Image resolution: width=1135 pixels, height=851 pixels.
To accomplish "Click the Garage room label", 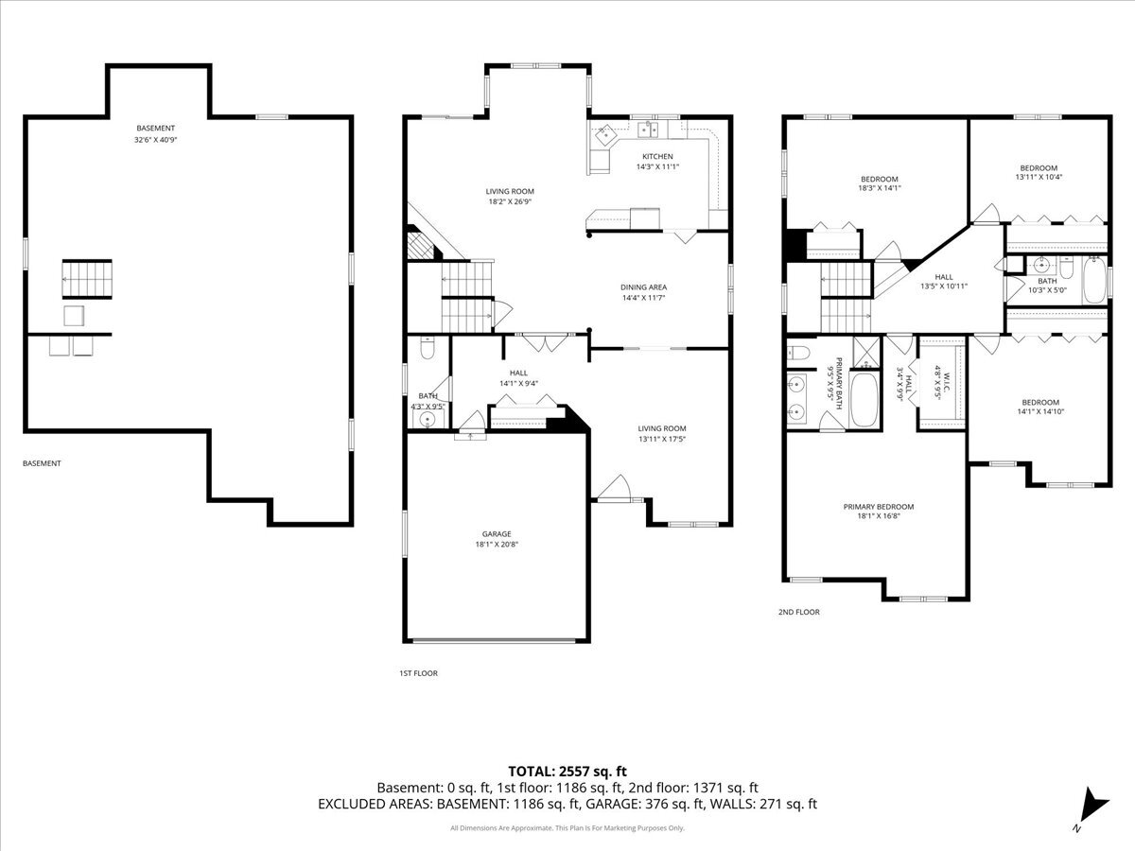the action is (497, 533).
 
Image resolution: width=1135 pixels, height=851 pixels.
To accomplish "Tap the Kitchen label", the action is (657, 156).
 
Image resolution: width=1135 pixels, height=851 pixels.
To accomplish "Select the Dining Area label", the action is (644, 287).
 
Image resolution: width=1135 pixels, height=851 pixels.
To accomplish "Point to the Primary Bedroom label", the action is (879, 507).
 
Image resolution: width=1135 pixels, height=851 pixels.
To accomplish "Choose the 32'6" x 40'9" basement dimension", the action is (156, 140).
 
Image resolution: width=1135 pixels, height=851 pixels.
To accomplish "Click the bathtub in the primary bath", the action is (864, 399).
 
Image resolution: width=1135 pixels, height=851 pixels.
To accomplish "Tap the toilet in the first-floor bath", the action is (428, 348).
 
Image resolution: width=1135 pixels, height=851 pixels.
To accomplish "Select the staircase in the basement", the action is (87, 279).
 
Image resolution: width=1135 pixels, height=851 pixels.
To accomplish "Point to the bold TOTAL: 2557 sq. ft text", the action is (567, 772).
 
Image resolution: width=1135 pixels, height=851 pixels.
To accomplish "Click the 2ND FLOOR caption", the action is (799, 612).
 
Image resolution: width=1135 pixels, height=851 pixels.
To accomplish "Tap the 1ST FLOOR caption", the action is (418, 673).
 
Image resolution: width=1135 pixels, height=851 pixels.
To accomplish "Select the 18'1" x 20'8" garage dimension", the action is (497, 544).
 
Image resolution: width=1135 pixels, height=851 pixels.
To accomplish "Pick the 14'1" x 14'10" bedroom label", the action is (1040, 408).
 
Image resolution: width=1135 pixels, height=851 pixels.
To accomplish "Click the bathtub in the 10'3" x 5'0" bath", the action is (1094, 280).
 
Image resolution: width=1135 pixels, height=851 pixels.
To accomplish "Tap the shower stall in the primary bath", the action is (866, 353).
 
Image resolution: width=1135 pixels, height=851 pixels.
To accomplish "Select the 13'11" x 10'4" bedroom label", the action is (1039, 172).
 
